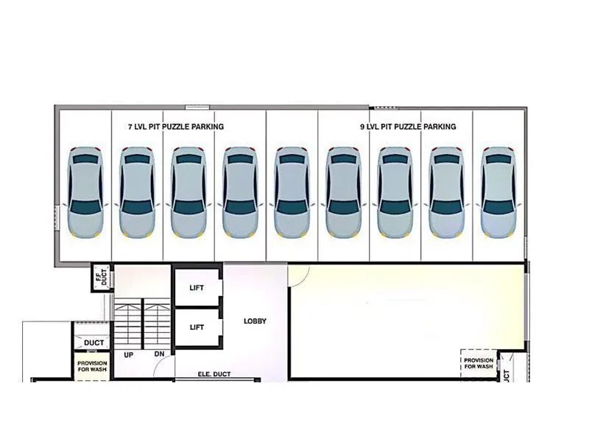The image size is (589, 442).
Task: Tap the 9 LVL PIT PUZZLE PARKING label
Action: [408, 127]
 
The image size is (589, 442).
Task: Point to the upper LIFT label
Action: [197, 288]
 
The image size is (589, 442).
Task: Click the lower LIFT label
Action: [197, 326]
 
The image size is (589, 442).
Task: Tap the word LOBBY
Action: [255, 321]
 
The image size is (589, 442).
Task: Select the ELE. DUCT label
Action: [214, 374]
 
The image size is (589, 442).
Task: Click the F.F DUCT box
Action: [102, 278]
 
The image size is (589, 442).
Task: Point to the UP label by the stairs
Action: [128, 354]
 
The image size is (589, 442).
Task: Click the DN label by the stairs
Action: [159, 354]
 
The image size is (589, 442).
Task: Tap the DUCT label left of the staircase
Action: [93, 343]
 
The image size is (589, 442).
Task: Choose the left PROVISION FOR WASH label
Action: [92, 367]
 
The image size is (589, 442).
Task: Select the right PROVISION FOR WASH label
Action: [479, 363]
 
